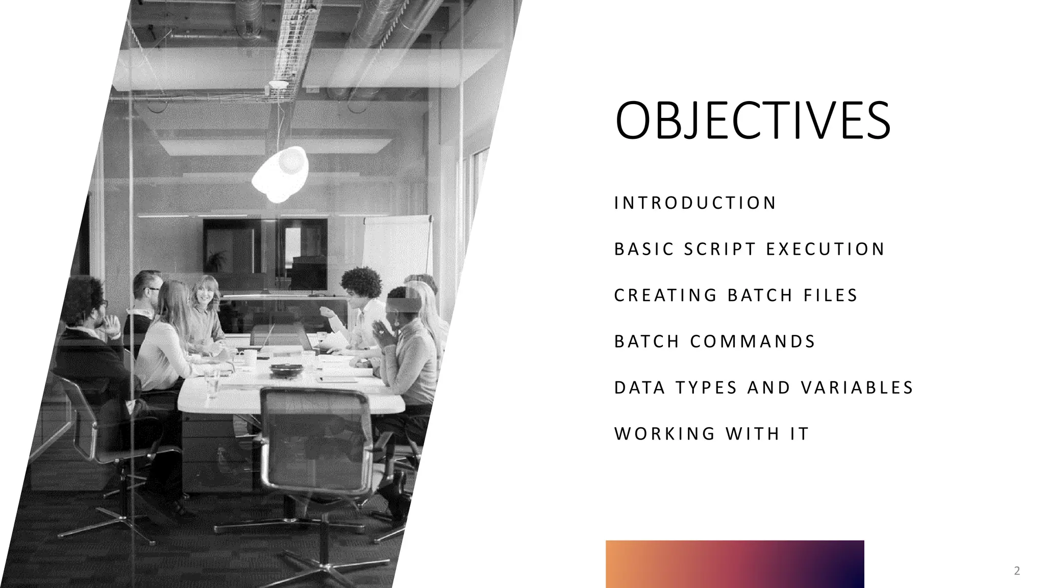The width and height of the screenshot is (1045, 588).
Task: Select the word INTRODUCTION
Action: click(x=695, y=203)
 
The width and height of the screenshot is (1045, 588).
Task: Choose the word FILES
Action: click(x=831, y=295)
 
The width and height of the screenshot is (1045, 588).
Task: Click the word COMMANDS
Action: click(x=753, y=341)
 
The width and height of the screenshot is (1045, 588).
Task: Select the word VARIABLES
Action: click(x=857, y=387)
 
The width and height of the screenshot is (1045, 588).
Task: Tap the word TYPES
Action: click(x=707, y=387)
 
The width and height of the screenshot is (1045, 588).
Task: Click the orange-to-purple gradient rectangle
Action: click(x=735, y=563)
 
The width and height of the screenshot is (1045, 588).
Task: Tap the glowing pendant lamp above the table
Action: click(x=280, y=174)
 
